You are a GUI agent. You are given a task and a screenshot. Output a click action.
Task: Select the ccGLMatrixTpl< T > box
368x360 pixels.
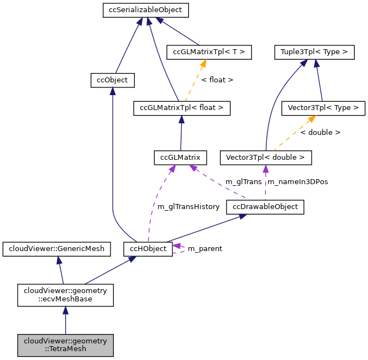click(209, 53)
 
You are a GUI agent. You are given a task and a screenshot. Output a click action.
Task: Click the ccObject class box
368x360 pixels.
click(112, 80)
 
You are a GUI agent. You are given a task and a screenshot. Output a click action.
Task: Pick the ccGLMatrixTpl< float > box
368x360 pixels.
click(182, 108)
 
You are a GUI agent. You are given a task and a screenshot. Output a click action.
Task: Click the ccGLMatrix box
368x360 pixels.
click(180, 158)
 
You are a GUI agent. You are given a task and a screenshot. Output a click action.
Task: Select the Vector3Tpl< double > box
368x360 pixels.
click(266, 158)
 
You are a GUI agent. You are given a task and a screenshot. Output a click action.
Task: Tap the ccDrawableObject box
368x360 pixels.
click(265, 207)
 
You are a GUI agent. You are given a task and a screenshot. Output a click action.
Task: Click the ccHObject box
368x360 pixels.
click(148, 249)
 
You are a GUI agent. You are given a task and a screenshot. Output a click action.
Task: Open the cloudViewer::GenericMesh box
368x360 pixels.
click(57, 249)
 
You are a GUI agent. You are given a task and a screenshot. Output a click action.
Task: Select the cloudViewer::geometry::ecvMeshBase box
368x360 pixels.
click(65, 295)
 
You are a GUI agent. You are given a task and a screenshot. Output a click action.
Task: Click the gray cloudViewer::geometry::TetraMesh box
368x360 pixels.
click(65, 345)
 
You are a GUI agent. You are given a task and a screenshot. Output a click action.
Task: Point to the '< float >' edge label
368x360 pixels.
click(217, 80)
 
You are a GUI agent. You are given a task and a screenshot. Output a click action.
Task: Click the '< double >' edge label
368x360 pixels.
click(320, 133)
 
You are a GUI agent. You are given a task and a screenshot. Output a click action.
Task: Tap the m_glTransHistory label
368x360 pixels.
click(188, 207)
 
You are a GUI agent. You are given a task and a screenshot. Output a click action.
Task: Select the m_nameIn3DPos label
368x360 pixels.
click(297, 182)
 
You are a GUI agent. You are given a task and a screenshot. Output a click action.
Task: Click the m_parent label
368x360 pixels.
click(205, 249)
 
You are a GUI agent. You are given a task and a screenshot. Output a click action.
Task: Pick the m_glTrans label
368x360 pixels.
click(244, 182)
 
